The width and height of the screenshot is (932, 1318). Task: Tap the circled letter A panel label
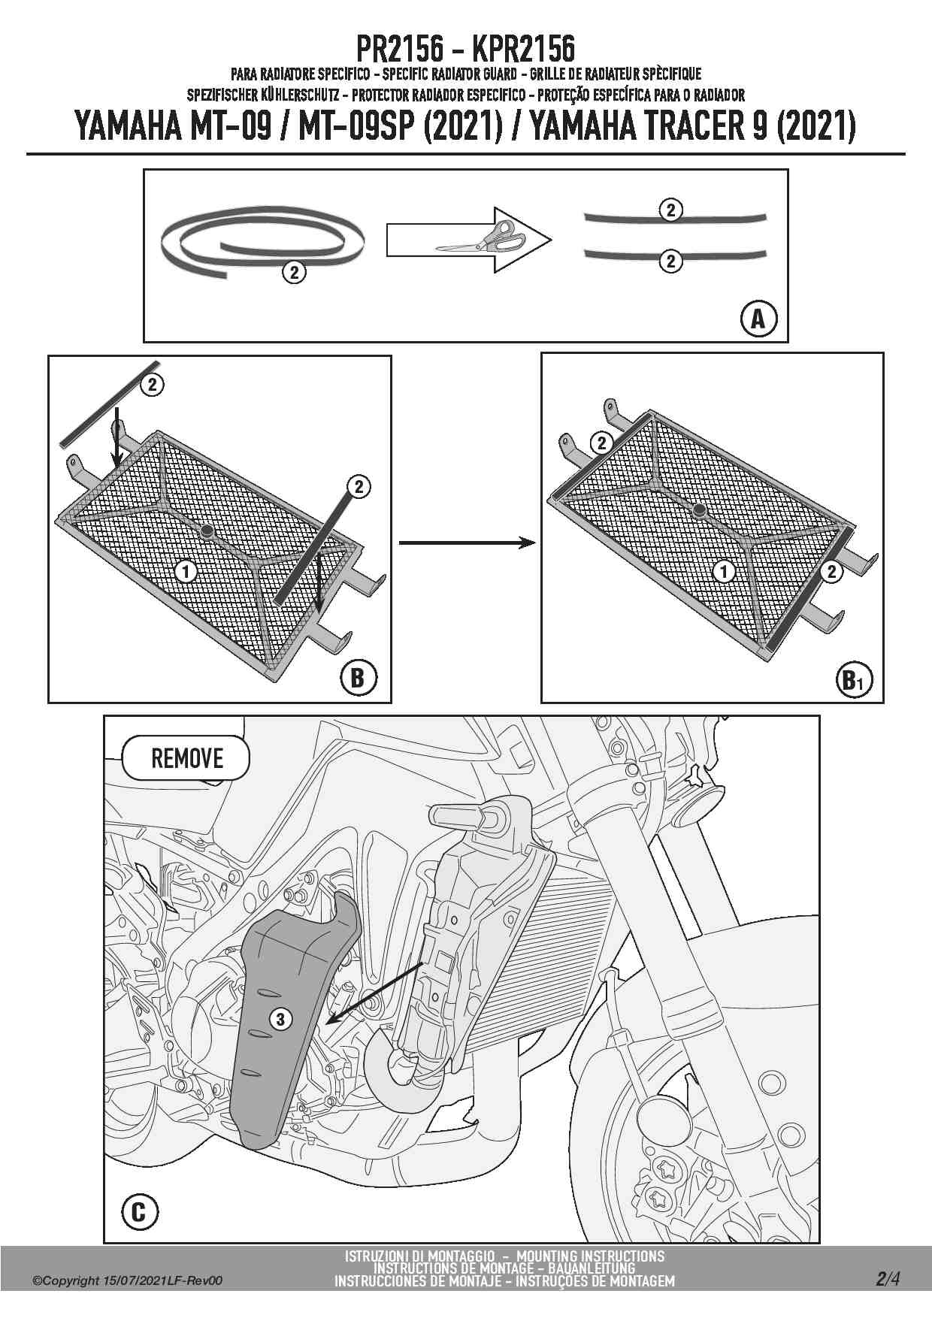click(758, 319)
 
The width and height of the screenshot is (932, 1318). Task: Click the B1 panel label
click(853, 681)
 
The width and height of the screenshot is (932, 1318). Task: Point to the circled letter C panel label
click(139, 1212)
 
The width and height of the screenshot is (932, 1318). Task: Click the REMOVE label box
click(186, 758)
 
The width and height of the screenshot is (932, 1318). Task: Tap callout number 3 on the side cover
click(280, 1019)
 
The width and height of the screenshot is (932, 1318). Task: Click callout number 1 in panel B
click(186, 572)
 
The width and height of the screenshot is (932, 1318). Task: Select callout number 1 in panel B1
click(724, 573)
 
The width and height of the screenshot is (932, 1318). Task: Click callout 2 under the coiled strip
click(294, 272)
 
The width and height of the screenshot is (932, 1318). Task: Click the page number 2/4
click(888, 1278)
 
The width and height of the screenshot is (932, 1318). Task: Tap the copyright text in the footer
click(128, 1280)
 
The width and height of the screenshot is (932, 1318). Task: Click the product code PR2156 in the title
click(399, 50)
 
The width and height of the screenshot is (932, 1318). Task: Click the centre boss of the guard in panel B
click(207, 531)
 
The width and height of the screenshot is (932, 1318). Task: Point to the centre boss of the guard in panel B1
click(700, 510)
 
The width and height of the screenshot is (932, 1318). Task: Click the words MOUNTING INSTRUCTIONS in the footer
click(590, 1256)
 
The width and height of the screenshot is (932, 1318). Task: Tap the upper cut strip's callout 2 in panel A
click(670, 210)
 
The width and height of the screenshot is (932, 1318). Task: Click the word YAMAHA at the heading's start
click(129, 125)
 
